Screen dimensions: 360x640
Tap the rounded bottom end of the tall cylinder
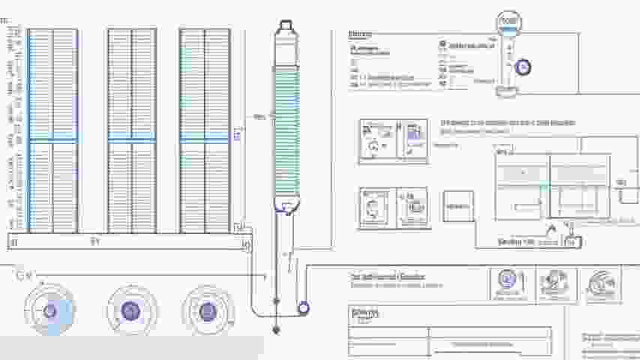286,205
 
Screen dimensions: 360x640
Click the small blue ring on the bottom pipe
304,307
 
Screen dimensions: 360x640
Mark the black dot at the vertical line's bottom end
276,329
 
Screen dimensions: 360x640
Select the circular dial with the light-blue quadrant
49,310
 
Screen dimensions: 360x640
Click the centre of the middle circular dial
132,310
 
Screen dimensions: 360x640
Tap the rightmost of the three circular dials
208,310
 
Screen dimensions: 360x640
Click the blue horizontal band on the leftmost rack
52,140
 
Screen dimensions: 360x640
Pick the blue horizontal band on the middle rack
132,140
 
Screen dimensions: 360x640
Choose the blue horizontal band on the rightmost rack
204,140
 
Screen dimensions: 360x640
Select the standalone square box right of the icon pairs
459,206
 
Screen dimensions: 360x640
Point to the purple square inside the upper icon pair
414,133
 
